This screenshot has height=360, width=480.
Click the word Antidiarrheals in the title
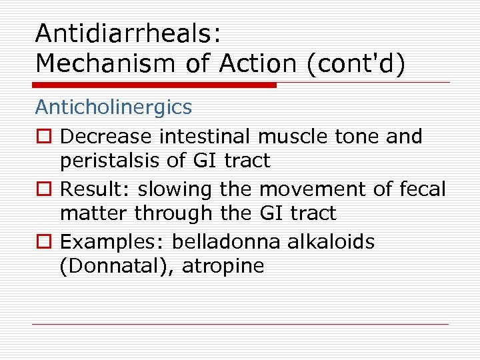(x=127, y=33)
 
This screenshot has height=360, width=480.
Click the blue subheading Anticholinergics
(x=113, y=107)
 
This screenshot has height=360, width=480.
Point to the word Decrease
(x=106, y=137)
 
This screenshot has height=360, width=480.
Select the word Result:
(x=96, y=189)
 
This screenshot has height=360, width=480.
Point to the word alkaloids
(x=331, y=242)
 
